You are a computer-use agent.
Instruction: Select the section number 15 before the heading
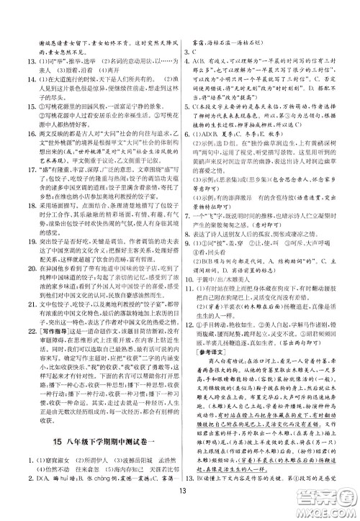(42, 440)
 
